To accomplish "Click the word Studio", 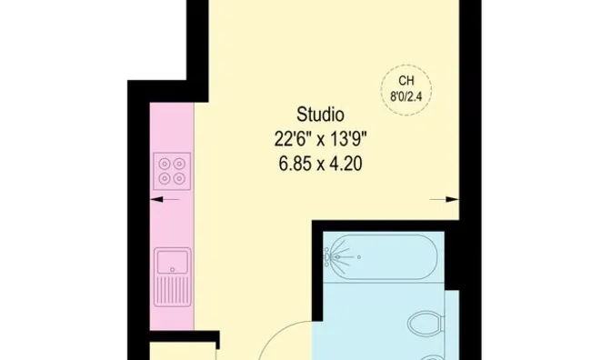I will tap(320, 115).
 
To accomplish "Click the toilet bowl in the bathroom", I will tap(423, 322).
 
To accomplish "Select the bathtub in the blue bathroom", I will tap(383, 257).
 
